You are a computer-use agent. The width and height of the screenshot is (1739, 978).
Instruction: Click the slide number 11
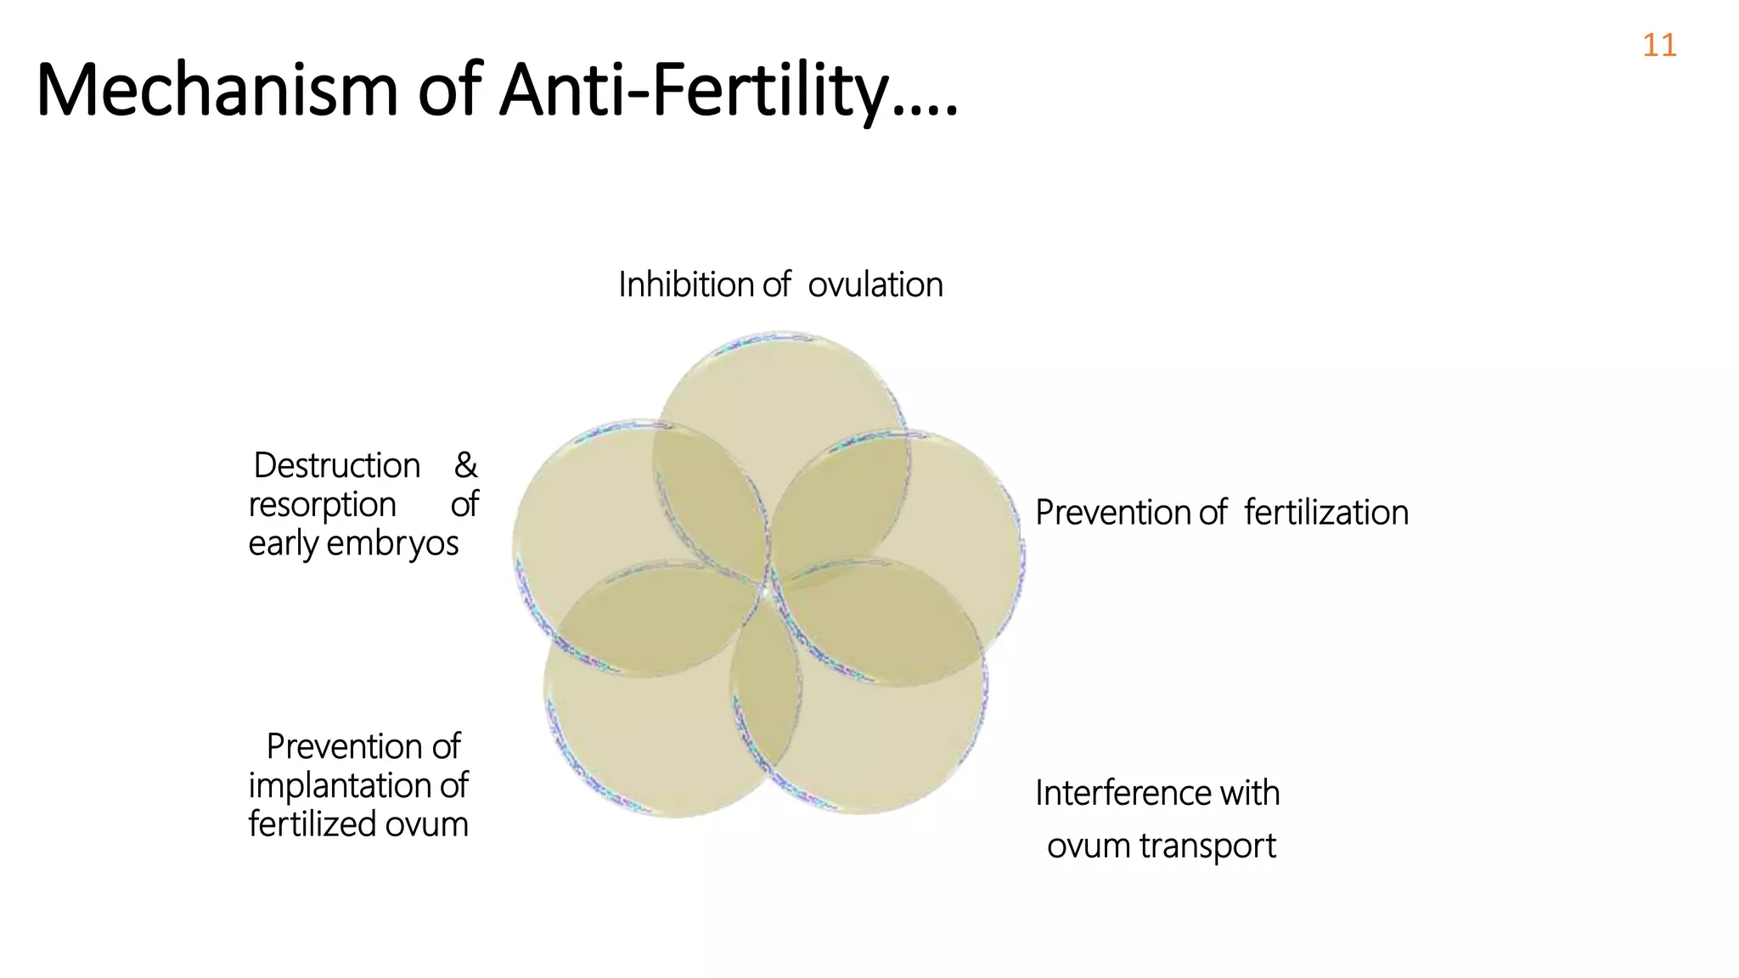tap(1658, 45)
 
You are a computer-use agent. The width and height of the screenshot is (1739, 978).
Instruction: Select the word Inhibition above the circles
tap(686, 284)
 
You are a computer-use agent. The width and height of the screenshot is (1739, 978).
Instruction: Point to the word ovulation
tap(875, 284)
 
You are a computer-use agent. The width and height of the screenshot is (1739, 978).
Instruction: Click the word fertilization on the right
tap(1326, 513)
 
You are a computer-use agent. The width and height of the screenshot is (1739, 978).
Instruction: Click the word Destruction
tap(337, 465)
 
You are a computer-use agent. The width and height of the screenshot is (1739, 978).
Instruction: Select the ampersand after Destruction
tap(465, 465)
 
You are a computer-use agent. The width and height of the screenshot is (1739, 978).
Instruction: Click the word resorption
tap(322, 504)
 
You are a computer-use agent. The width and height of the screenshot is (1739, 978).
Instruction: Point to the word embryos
tap(392, 543)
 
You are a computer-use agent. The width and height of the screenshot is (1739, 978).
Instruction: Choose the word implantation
tap(341, 785)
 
